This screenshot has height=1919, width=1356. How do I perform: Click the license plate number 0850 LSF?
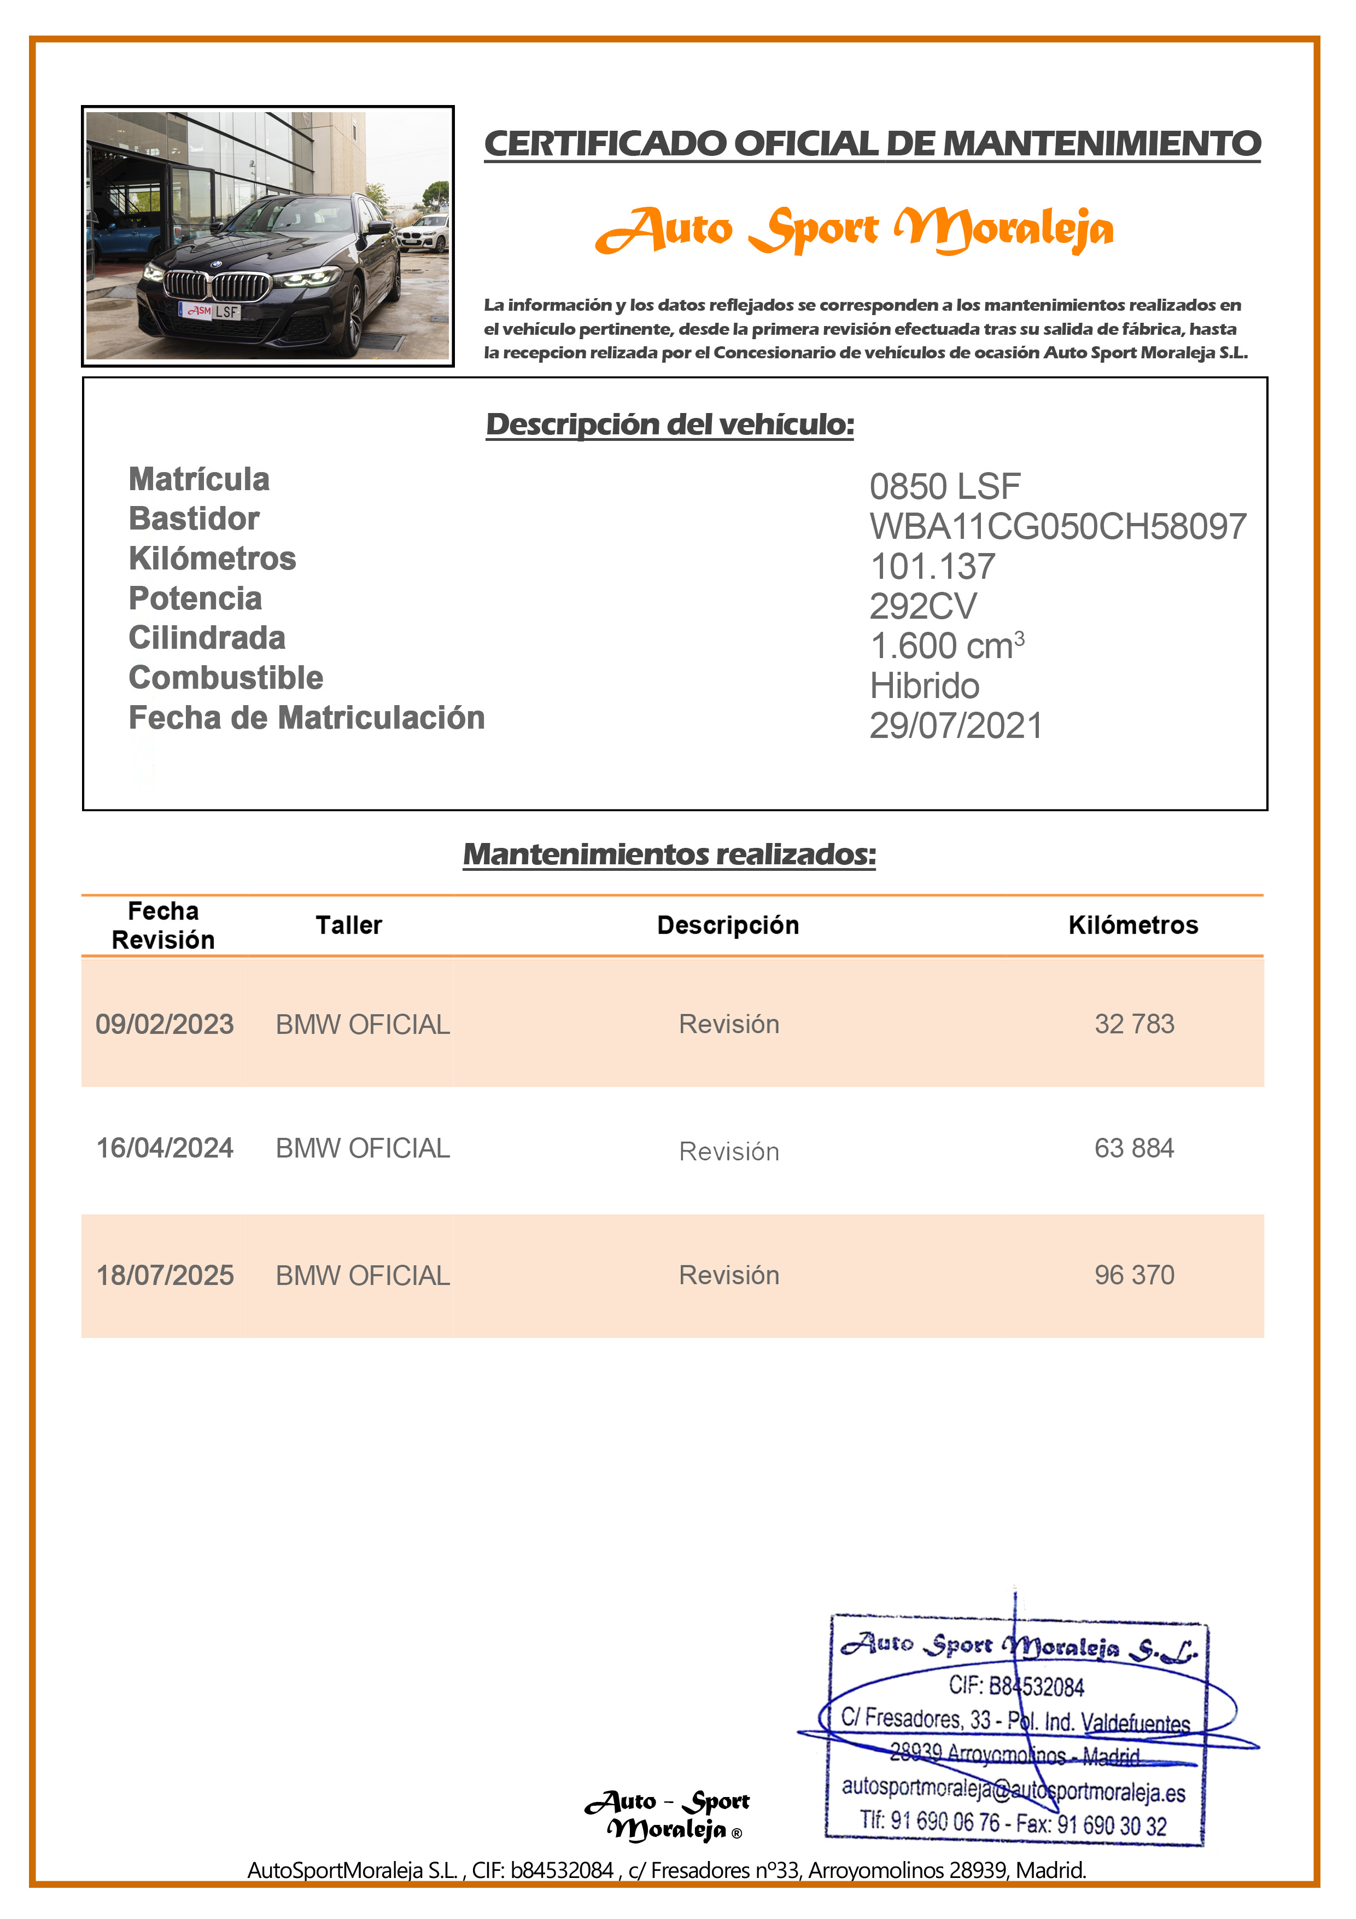coord(944,486)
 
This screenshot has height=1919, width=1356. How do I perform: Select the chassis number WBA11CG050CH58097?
coord(1057,527)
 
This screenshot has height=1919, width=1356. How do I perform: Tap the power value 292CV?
coord(922,607)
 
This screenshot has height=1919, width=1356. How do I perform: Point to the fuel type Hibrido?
coord(924,686)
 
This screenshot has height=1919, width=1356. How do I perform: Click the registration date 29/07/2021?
coord(956,725)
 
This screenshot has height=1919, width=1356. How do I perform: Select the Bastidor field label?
coord(194,519)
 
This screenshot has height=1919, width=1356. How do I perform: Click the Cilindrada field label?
coord(207,638)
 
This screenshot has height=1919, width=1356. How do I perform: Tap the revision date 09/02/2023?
coord(165,1024)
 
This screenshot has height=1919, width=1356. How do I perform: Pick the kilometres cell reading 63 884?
coord(1134,1148)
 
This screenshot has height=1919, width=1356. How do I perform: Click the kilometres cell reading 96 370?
coord(1134,1275)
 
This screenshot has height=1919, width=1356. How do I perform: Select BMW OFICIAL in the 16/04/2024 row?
coord(363,1148)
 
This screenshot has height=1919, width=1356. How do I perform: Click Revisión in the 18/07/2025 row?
coord(728,1275)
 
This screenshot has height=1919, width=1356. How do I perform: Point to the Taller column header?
coord(348,925)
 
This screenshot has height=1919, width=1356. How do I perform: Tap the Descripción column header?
coord(728,925)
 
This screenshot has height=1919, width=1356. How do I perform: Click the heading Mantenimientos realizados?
coord(669,854)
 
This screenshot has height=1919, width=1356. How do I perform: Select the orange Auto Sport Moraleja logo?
coord(854,230)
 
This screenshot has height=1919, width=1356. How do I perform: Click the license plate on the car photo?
coord(211,311)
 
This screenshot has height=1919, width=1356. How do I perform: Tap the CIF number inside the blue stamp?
coord(1016,1686)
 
